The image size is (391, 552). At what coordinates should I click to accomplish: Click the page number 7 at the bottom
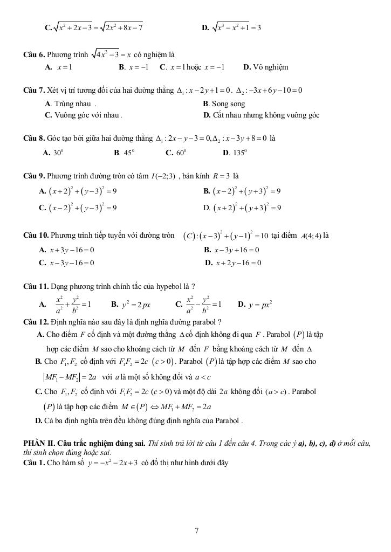click(x=197, y=531)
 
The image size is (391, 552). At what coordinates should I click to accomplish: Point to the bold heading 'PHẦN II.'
click(x=39, y=443)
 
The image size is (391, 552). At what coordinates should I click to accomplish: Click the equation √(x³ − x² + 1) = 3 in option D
click(x=236, y=26)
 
